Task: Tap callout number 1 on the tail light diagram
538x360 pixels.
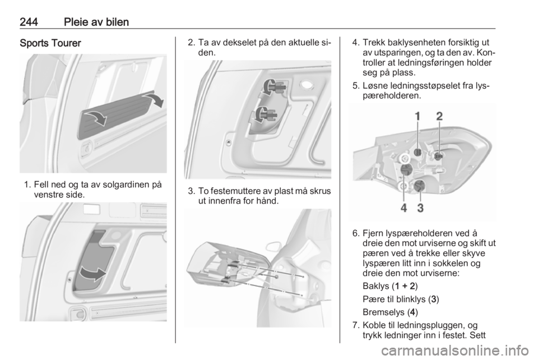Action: click(418, 117)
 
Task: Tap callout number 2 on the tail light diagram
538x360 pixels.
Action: click(439, 117)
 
